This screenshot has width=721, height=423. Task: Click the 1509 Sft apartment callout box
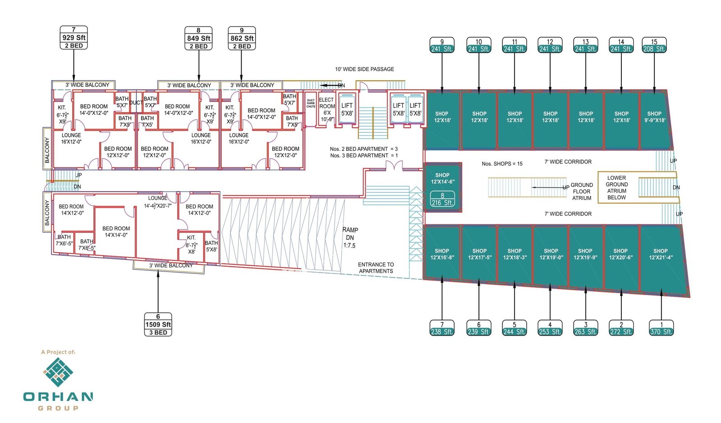(158, 324)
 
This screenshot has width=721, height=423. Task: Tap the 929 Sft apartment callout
(73, 38)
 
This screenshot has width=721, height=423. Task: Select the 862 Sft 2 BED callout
(242, 38)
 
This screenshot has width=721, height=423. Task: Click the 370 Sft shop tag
(661, 328)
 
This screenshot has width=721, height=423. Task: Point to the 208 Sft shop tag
(654, 45)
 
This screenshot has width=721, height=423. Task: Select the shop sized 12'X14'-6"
(442, 178)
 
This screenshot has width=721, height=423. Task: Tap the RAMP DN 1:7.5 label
(350, 237)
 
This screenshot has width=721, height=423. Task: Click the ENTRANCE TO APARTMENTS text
(376, 268)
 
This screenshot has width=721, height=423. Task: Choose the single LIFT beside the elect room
(347, 109)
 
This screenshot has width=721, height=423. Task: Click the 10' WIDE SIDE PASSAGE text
(364, 69)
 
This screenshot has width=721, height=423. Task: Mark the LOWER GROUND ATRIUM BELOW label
(616, 187)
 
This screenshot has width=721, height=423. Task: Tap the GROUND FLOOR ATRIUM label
(582, 191)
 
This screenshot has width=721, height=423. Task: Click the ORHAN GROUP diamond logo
(58, 372)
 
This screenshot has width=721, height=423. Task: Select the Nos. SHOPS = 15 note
(502, 164)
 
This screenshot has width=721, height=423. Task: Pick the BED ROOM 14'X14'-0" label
(116, 232)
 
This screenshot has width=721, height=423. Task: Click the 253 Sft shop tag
(550, 328)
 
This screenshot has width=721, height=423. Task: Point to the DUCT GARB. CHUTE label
(311, 104)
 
